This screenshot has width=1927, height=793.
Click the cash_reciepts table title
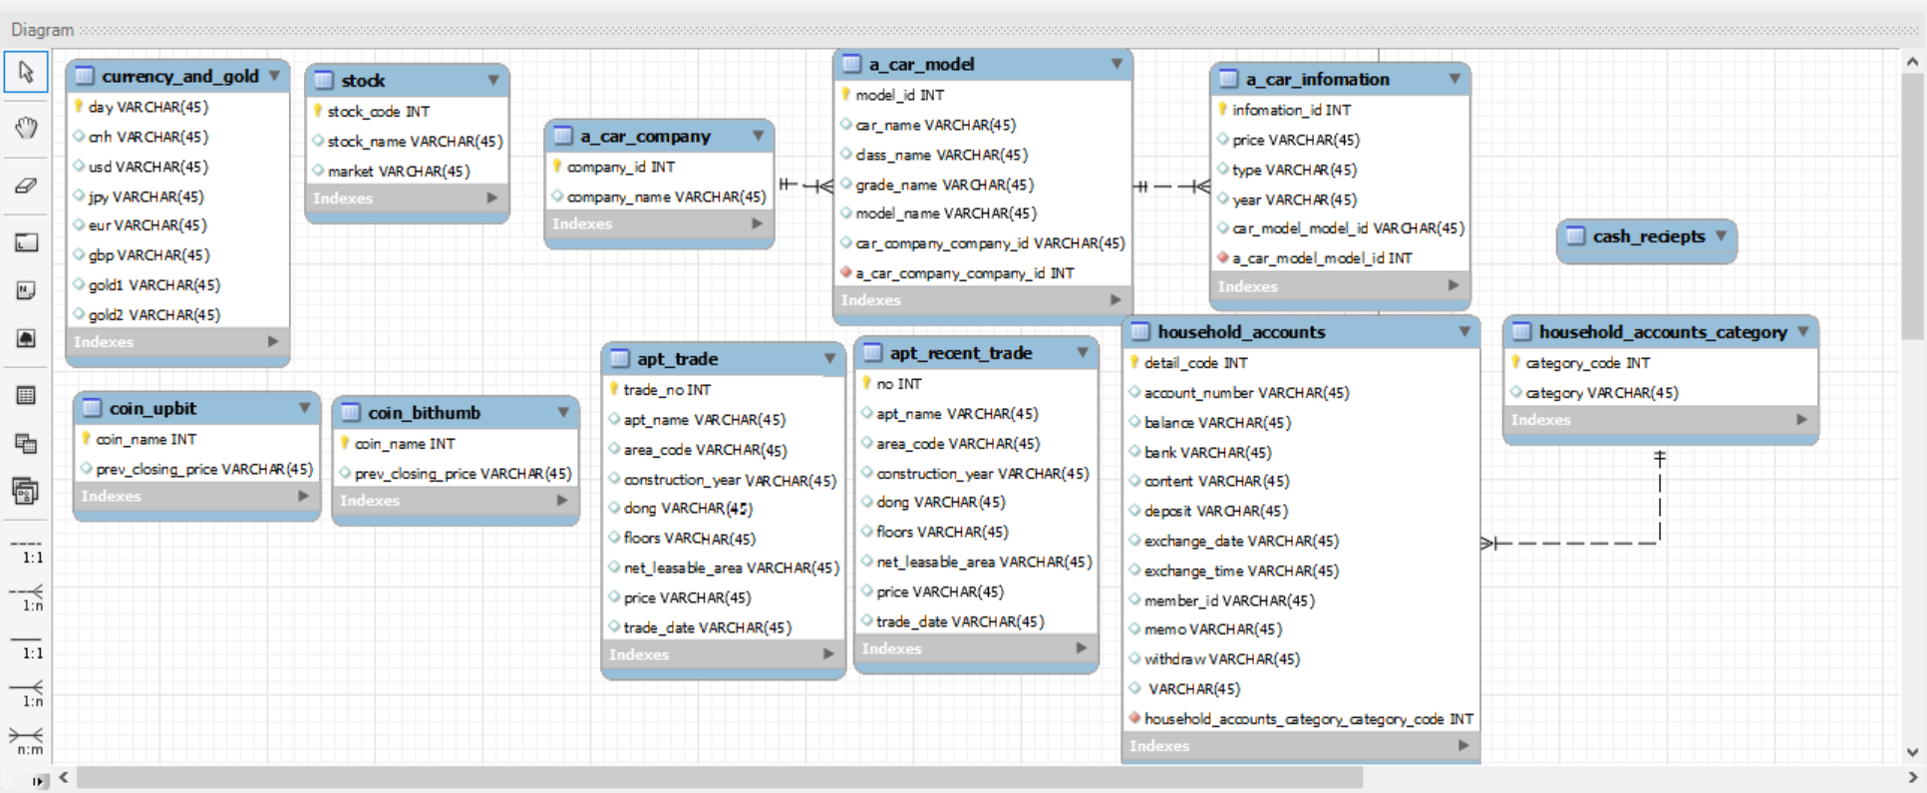point(1648,236)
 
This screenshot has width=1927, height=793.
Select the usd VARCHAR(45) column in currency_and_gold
point(148,167)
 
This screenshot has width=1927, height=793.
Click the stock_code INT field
point(378,112)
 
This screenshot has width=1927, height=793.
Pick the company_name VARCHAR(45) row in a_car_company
point(666,198)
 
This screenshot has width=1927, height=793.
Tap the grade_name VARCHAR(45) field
point(944,185)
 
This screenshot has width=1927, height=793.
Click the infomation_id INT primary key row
point(1291,110)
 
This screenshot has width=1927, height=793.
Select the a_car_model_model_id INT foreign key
point(1322,258)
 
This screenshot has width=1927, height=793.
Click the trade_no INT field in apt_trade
point(667,390)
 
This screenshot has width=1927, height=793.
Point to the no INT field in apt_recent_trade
point(898,384)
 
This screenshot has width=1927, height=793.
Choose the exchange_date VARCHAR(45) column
point(1241,541)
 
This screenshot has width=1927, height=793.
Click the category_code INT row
point(1587,363)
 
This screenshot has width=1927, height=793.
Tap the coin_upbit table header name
point(153,408)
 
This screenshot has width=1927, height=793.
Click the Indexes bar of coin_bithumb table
point(456,501)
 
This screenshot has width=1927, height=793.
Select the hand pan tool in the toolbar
point(26,128)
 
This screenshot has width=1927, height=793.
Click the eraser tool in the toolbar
point(26,186)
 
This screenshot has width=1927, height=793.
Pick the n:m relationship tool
point(27,739)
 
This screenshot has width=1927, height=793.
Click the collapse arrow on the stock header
point(493,80)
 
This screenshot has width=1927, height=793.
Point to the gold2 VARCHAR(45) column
point(154,315)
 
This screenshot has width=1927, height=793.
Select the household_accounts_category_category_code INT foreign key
point(1308,719)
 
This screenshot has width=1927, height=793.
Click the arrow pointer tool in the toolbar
point(26,73)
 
